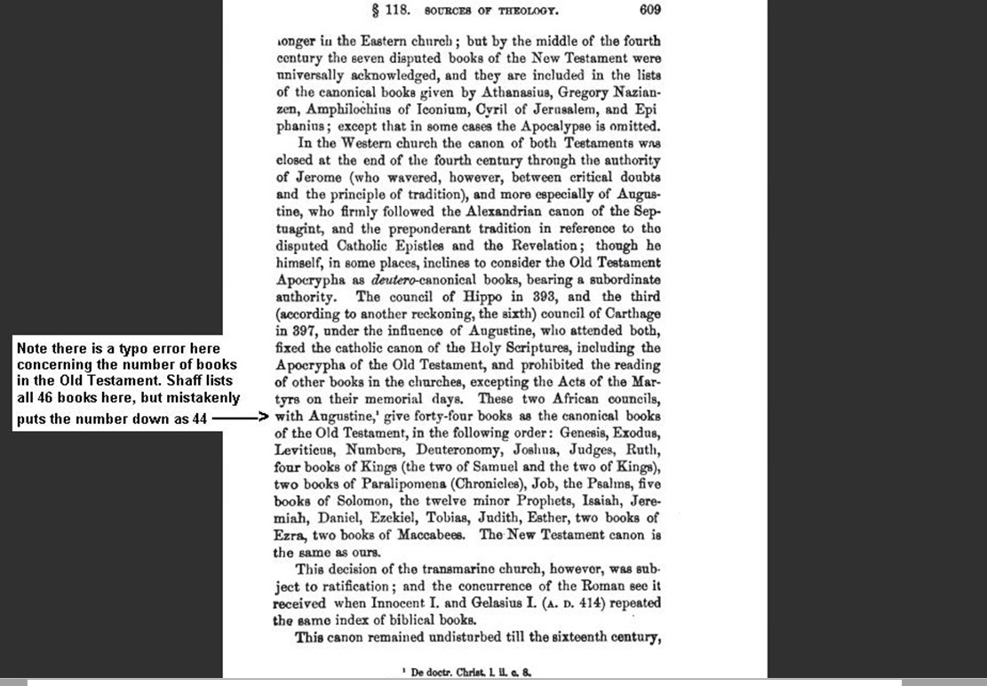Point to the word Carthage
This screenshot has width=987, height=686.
(631, 313)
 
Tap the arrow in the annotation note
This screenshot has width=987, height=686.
(238, 415)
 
